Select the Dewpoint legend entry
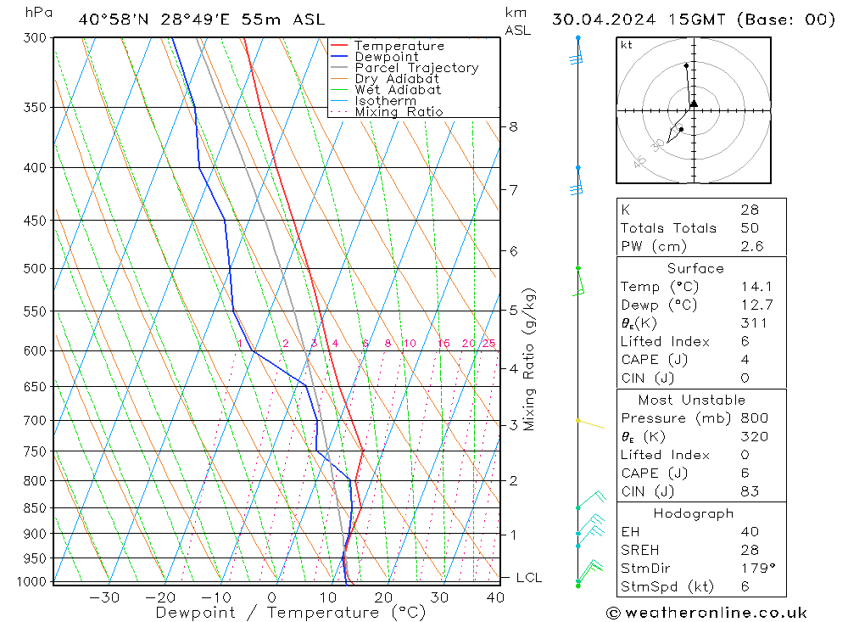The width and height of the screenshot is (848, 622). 386,57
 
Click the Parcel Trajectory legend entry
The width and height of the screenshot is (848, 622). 416,68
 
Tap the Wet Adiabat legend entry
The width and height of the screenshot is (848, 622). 397,90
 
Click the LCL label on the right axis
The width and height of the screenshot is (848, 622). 528,578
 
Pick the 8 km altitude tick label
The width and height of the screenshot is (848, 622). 513,126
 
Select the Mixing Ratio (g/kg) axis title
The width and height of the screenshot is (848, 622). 530,359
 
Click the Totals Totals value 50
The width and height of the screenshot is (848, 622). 750,228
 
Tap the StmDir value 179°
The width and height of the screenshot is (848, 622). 755,568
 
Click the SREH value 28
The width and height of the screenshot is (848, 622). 750,550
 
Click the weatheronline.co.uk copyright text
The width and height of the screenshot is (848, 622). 706,613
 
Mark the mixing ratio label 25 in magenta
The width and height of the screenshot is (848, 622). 488,344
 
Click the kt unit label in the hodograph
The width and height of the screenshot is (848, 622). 626,45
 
